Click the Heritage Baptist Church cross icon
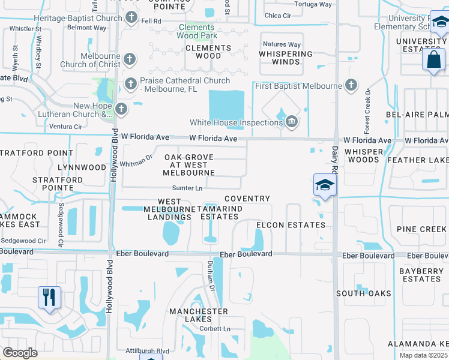[x=132, y=18]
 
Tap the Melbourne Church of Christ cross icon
[x=130, y=59]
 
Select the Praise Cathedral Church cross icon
[x=130, y=83]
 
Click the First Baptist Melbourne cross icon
[x=351, y=86]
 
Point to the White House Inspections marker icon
[x=291, y=122]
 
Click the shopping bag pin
[x=433, y=60]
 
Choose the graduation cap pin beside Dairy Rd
[x=324, y=185]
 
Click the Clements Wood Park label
[x=197, y=31]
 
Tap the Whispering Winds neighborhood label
[x=286, y=58]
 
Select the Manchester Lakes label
[x=198, y=316]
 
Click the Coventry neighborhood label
[x=247, y=199]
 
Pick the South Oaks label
[x=363, y=293]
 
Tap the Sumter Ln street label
[x=187, y=188]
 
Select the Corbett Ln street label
[x=215, y=329]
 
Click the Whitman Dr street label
[x=137, y=161]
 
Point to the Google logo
[x=20, y=352]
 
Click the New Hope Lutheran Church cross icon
[x=121, y=109]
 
